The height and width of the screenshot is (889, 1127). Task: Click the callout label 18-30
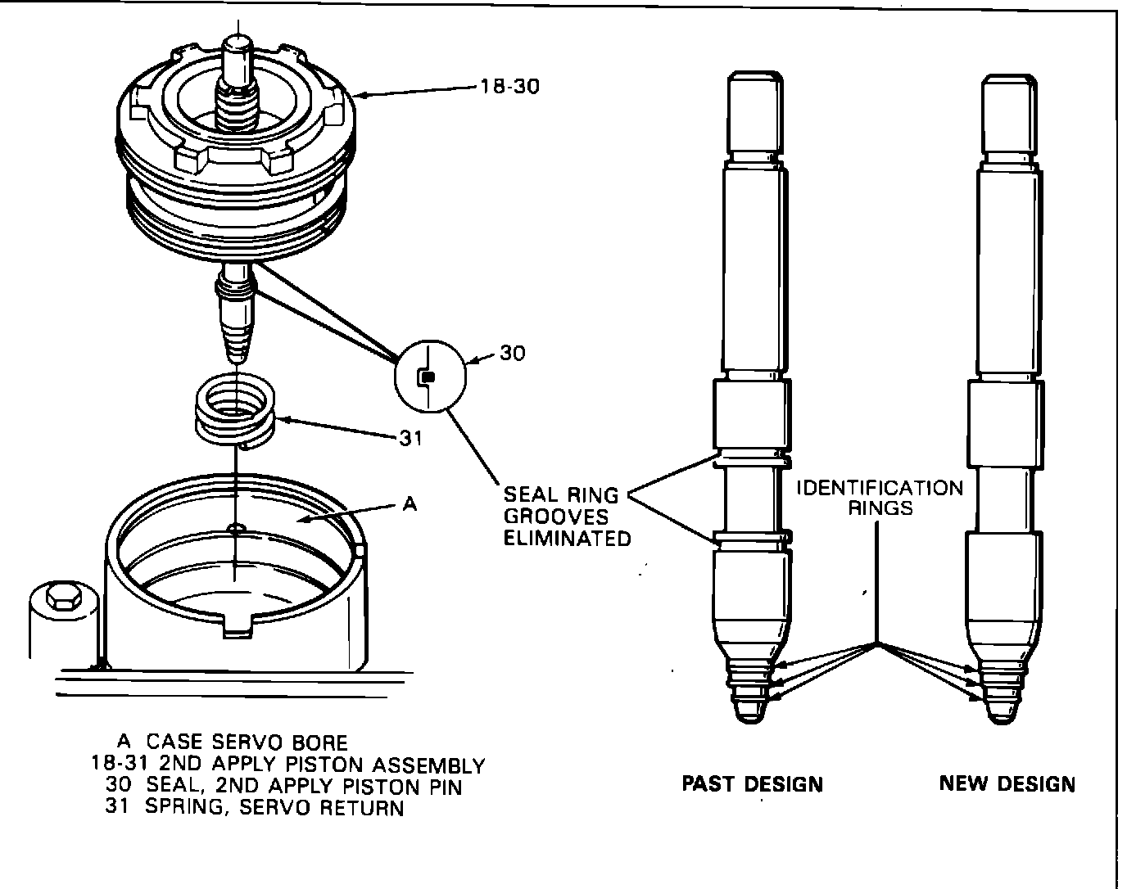(x=510, y=85)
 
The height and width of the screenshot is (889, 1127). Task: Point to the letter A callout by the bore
(x=410, y=504)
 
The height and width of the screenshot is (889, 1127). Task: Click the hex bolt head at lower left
(x=61, y=596)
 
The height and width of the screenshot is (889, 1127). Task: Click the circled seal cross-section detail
(x=430, y=377)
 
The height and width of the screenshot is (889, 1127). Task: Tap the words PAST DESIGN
(x=752, y=783)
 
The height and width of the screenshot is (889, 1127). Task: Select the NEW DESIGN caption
(x=1007, y=783)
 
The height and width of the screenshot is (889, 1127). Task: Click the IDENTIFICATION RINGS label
(x=880, y=498)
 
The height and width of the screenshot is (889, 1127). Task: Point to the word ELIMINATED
(x=567, y=538)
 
